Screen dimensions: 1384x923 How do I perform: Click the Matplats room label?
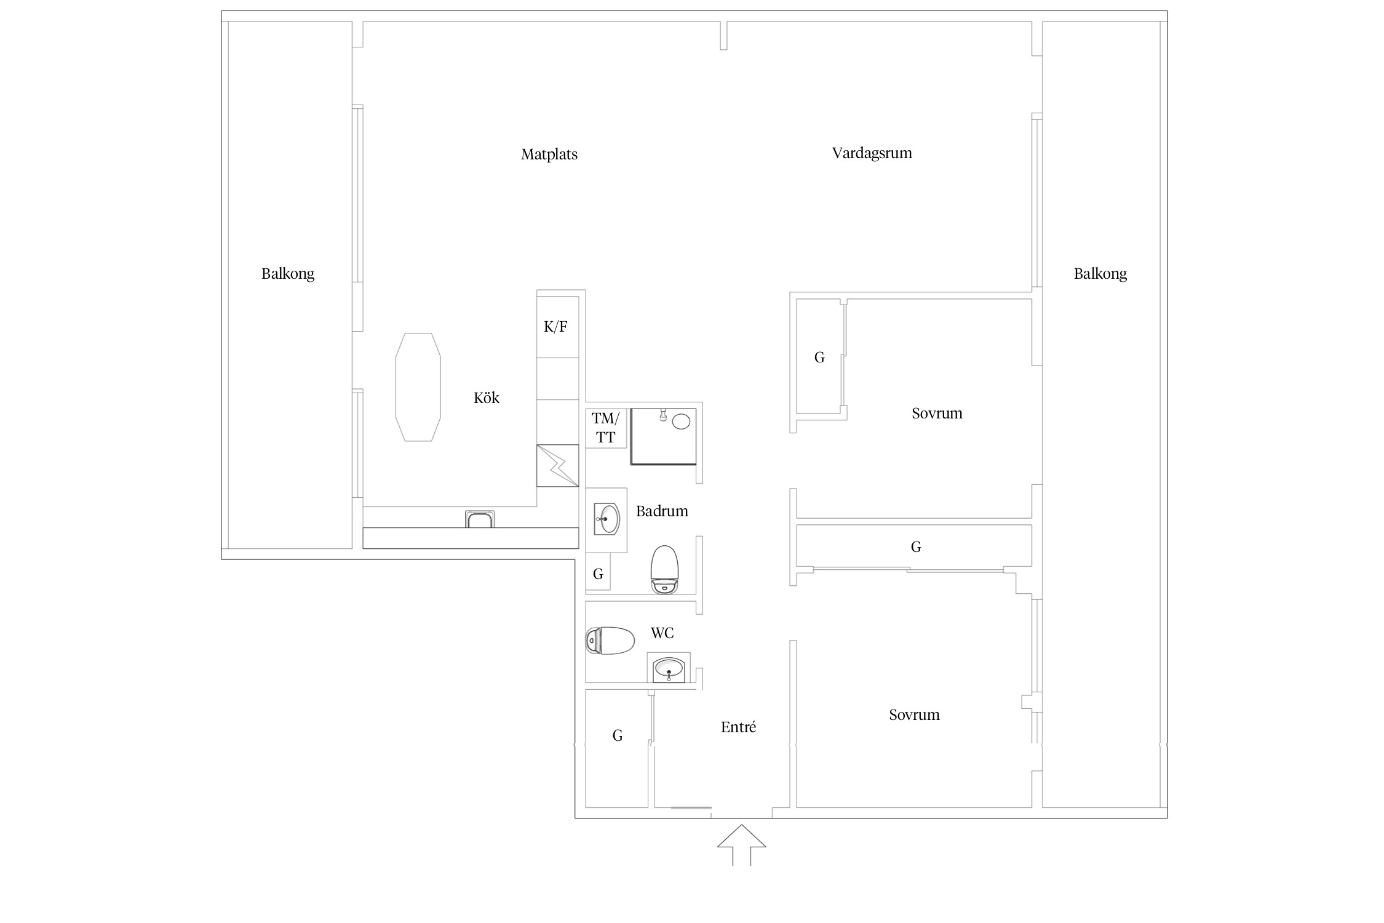point(549,154)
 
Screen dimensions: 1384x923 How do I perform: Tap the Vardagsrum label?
point(872,153)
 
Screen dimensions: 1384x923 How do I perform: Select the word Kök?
point(486,398)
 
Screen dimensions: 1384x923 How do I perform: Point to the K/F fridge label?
point(555,327)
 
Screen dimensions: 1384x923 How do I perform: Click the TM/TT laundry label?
point(605,428)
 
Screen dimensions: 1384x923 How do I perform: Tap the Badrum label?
point(662,511)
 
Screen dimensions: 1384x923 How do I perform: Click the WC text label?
point(662,633)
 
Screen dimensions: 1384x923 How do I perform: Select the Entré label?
point(738,727)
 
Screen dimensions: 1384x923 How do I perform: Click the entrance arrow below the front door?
point(742,845)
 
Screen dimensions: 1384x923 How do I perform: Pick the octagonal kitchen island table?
point(418,387)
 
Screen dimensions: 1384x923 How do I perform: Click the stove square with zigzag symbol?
point(558,466)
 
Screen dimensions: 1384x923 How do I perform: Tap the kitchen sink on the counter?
point(480,519)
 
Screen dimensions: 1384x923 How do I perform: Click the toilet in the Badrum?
point(664,569)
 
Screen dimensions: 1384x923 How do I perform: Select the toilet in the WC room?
point(610,641)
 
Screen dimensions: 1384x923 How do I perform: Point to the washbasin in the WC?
point(669,668)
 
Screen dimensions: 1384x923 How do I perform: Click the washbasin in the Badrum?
point(607,519)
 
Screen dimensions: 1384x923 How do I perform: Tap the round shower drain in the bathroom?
point(681,421)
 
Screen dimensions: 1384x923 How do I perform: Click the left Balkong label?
point(288,273)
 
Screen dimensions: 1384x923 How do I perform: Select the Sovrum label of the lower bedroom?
point(914,714)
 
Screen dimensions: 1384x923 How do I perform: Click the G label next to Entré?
point(618,735)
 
